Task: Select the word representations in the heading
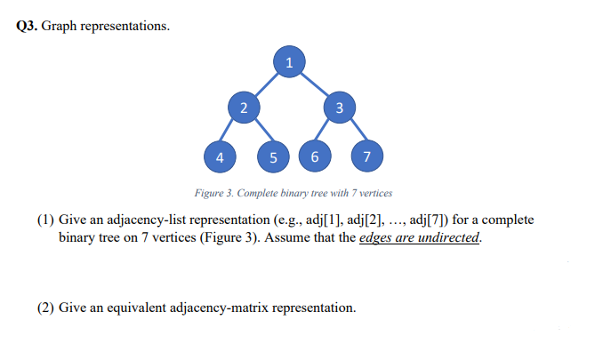(125, 25)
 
